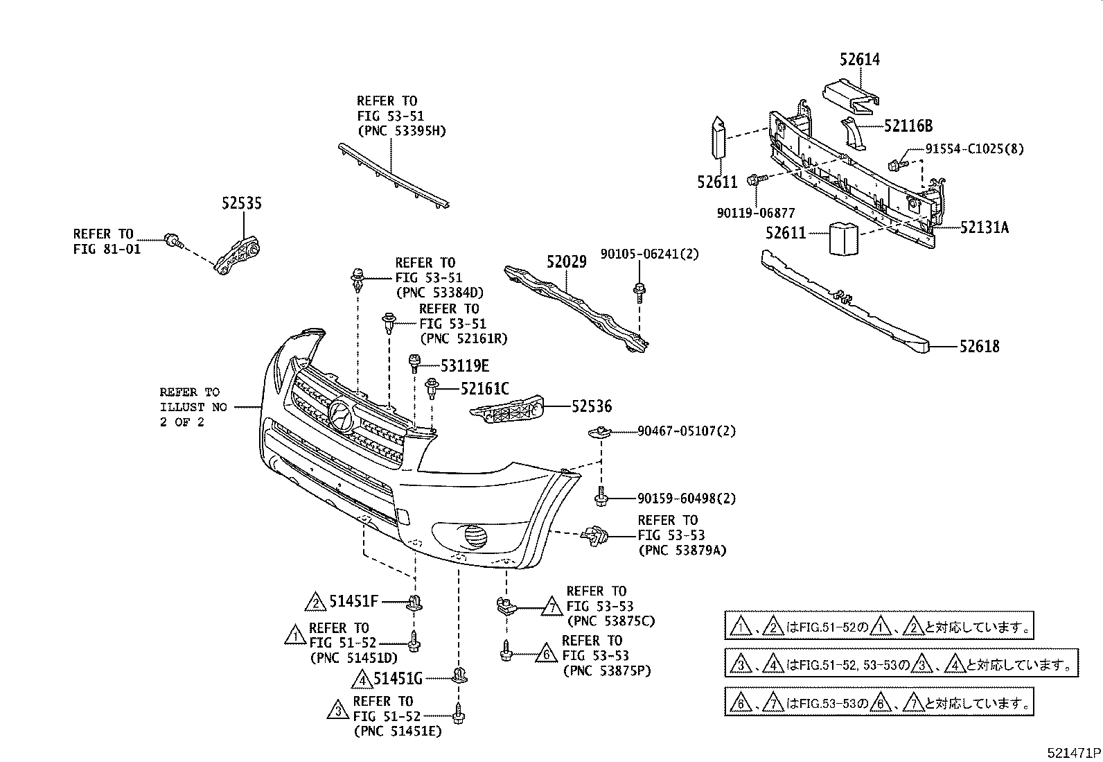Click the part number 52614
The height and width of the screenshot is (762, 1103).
859,60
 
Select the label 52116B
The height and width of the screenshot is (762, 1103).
908,125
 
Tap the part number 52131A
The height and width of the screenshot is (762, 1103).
984,227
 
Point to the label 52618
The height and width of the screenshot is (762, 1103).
979,346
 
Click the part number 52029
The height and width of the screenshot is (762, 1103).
566,262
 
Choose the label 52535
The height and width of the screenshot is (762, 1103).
242,203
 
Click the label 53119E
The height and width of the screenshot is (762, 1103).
464,365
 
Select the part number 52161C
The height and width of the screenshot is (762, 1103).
484,389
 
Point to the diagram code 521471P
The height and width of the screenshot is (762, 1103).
1073,752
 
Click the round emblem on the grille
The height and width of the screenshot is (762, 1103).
339,415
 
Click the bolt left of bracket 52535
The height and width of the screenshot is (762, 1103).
173,241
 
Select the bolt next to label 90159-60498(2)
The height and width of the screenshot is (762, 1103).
601,497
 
